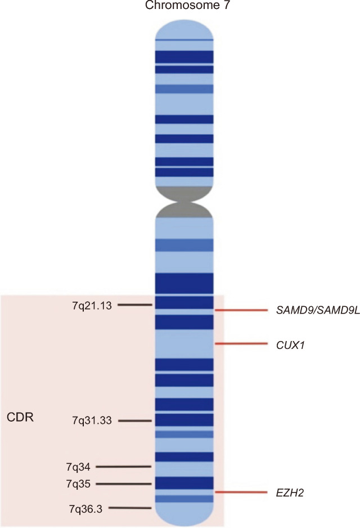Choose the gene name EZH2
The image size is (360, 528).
[287, 493]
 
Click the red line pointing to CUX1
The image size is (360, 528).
[240, 343]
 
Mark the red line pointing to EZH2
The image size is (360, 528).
[240, 493]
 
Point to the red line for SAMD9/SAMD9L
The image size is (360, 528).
[240, 310]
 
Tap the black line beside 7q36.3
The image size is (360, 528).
[130, 508]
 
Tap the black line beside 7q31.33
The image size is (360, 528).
[136, 420]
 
